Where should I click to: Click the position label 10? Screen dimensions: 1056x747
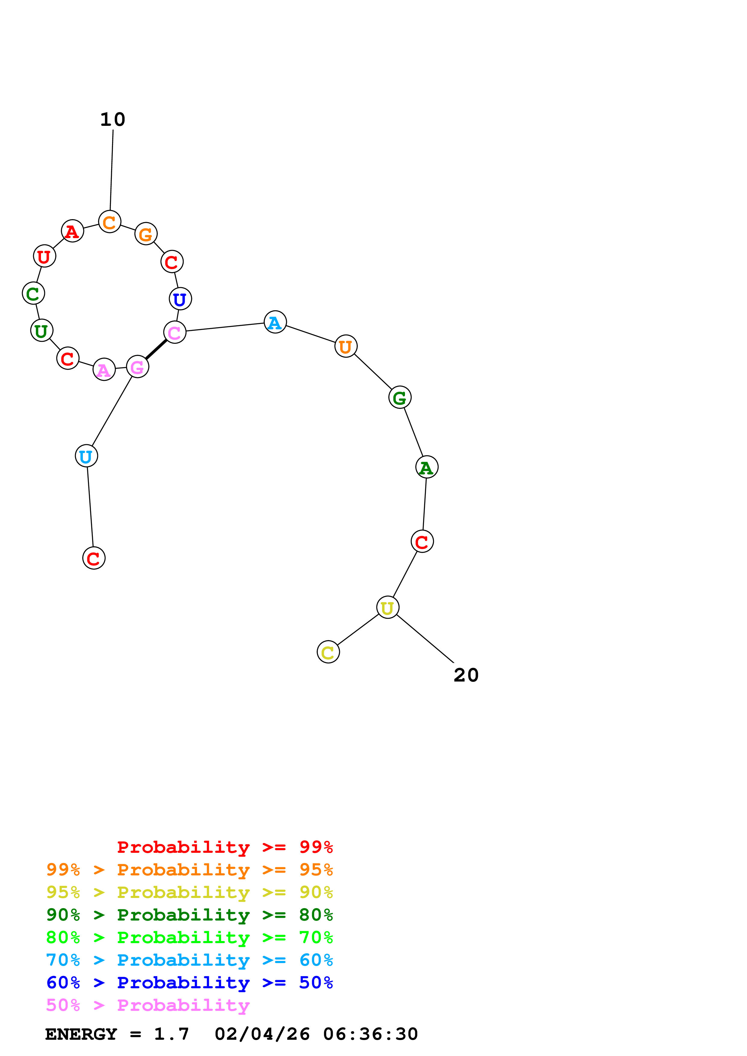point(113,120)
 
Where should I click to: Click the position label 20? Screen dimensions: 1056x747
point(466,675)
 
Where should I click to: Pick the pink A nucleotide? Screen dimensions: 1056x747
point(104,369)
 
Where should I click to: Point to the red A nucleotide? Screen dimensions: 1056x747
point(72,231)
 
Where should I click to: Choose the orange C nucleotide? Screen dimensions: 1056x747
point(110,222)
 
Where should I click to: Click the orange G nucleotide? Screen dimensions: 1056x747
point(146,234)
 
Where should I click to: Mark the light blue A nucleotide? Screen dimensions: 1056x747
point(275,322)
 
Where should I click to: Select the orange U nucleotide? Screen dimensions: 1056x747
point(346,346)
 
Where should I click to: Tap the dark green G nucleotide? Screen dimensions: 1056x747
point(400,397)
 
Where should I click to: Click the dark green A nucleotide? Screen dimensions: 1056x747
point(427,467)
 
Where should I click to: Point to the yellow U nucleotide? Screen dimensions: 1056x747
point(388,607)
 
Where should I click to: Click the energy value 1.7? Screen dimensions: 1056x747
point(171,1034)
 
